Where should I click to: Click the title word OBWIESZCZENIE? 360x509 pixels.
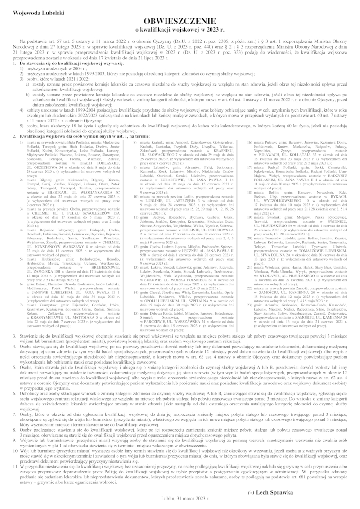(180, 22)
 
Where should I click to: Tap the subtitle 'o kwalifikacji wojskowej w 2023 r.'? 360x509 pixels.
(180, 30)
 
